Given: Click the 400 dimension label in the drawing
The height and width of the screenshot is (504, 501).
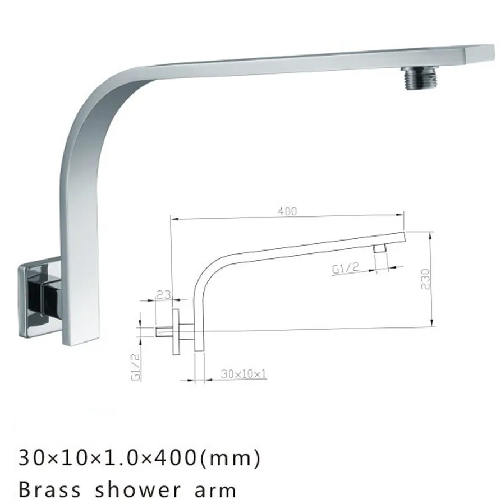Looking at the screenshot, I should click(287, 211).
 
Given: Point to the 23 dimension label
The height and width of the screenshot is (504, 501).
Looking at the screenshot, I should click(163, 293).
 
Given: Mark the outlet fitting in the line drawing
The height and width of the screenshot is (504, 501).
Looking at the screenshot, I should click(380, 248).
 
